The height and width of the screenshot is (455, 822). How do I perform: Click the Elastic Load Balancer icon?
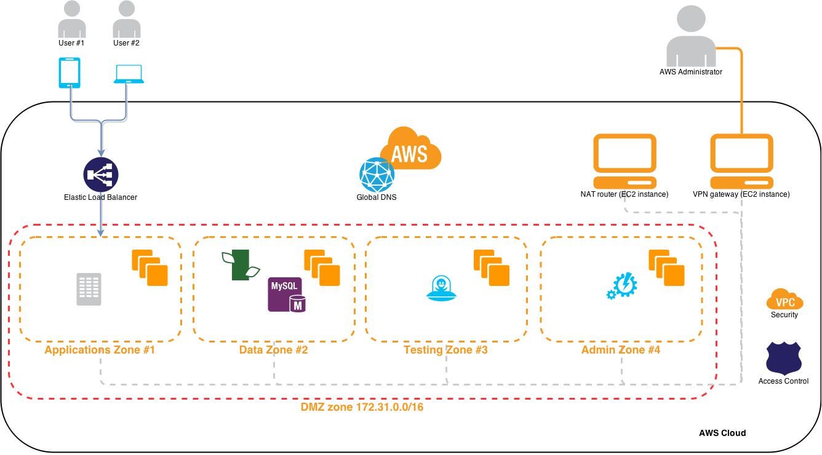pos(100,175)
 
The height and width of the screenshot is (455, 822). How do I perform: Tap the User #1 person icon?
pos(72,20)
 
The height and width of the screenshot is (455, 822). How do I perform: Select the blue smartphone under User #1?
pos(70,73)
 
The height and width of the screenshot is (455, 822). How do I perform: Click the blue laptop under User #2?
pos(129,74)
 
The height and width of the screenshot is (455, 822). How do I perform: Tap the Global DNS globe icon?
pos(377,175)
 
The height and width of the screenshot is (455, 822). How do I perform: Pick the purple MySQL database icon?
pos(287,295)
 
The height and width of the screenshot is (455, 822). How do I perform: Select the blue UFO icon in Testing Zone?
pos(441,289)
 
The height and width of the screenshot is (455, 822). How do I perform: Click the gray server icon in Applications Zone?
pos(89,289)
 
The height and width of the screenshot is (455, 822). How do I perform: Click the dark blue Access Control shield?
pos(783,358)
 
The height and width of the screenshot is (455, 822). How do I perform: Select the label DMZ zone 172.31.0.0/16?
pos(361,407)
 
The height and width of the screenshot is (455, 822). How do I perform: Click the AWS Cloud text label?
pos(722,433)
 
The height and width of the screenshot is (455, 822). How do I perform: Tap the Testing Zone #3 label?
pos(445,350)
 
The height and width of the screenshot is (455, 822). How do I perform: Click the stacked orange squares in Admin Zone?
pos(666,267)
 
